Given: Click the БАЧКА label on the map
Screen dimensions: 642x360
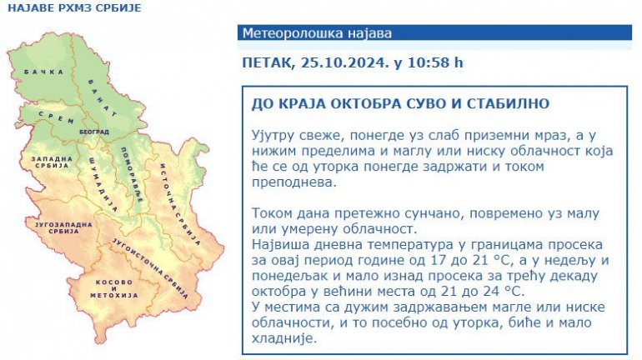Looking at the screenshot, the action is click(x=44, y=72).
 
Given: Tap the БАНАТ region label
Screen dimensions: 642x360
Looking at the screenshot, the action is click(x=103, y=97).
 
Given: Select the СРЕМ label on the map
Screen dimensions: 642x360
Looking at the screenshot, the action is click(x=57, y=117).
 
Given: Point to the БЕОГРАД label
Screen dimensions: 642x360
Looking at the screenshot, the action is click(x=94, y=132).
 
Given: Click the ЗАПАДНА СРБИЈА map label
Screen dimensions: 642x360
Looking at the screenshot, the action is click(x=52, y=162).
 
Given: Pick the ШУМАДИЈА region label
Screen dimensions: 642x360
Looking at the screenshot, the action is click(x=103, y=185).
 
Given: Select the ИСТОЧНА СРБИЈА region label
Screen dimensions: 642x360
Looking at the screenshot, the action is click(x=180, y=204).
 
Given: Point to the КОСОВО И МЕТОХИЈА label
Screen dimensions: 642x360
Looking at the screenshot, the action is click(x=114, y=288).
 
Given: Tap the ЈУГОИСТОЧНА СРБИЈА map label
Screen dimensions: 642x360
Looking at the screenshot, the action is click(x=150, y=268).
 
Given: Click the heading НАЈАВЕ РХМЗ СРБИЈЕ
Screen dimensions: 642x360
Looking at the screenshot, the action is click(x=74, y=7).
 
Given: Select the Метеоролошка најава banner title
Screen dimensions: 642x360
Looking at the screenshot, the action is click(x=317, y=32).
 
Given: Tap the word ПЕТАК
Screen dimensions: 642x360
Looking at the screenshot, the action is click(x=268, y=63).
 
